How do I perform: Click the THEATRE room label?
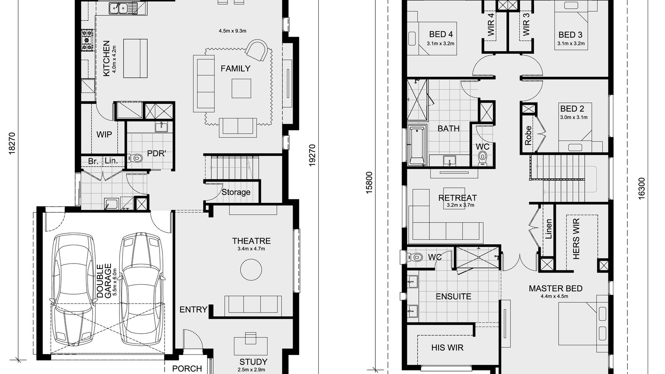pos(251,241)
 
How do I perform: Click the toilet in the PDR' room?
pos(137,158)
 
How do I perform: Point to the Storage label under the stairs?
pos(236,192)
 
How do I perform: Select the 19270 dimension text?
pos(313,155)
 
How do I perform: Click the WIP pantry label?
pos(104,135)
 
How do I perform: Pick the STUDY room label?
pos(253,362)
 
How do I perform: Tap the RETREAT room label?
pos(457,198)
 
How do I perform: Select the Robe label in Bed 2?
pos(528,135)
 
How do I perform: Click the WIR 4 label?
pos(491,25)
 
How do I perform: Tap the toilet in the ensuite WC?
pos(416,257)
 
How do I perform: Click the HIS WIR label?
pos(447,347)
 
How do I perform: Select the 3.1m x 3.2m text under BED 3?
pos(571,43)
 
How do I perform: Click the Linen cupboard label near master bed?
pos(549,229)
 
